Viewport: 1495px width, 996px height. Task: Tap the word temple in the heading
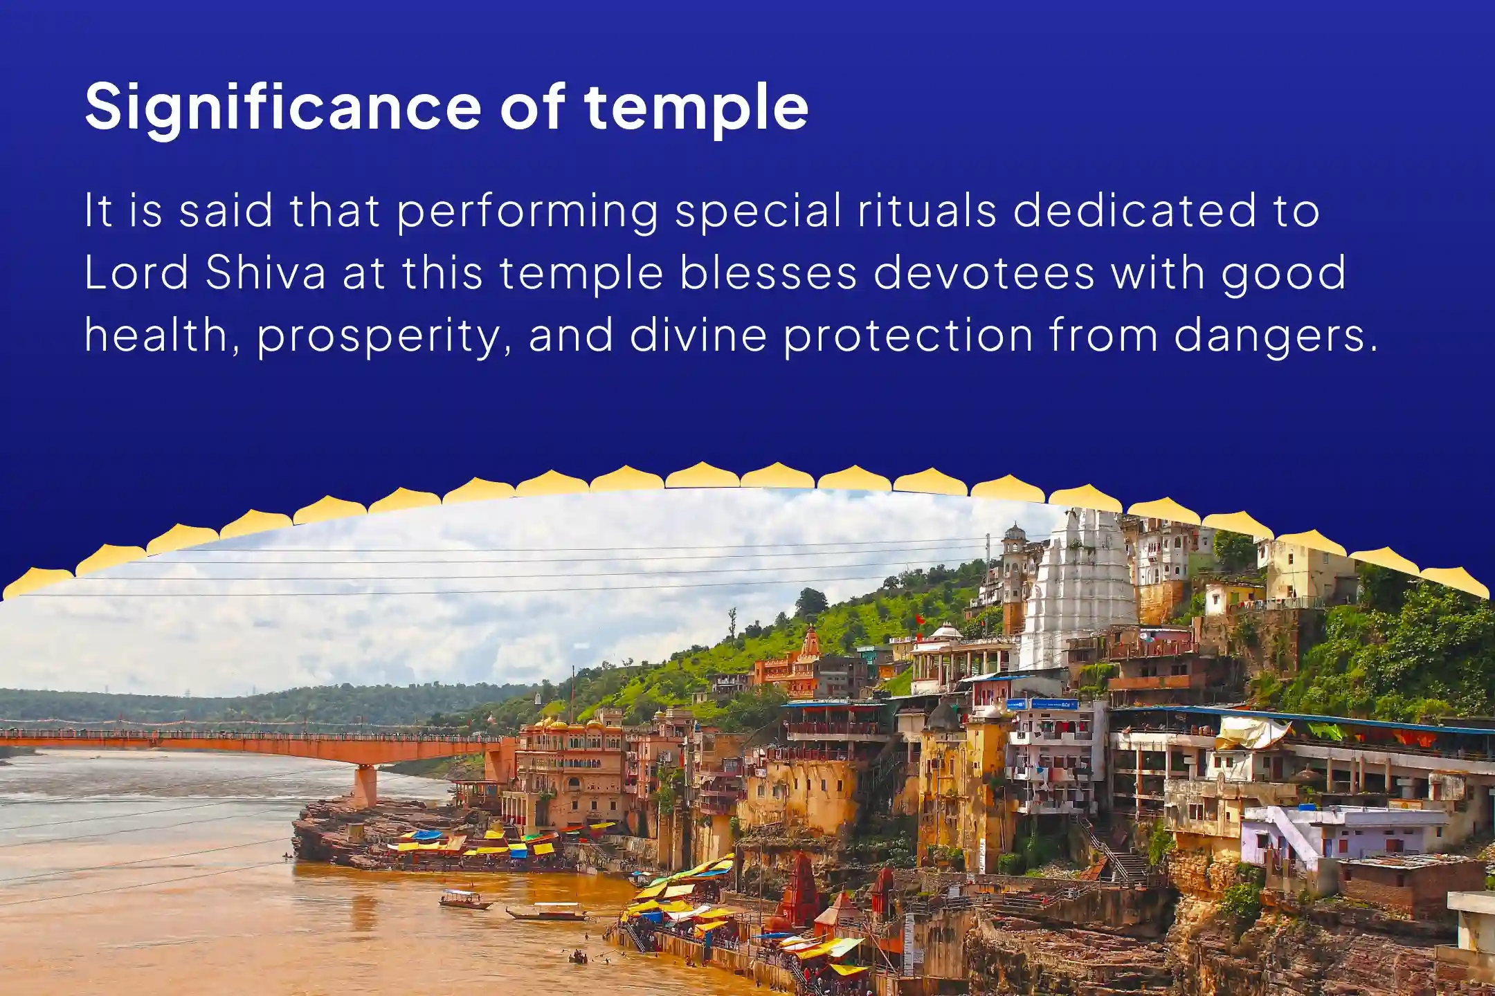696,107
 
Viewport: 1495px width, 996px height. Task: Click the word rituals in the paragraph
927,210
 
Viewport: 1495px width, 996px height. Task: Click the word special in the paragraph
757,210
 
